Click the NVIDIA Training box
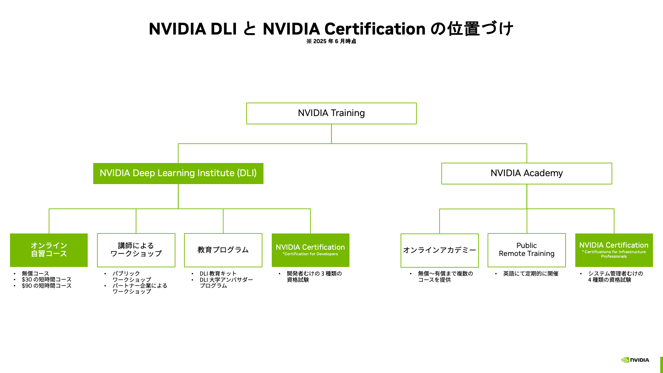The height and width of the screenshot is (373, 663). (x=331, y=113)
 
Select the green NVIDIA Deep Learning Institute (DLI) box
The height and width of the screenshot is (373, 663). (x=178, y=173)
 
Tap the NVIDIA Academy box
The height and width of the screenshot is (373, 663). (x=527, y=173)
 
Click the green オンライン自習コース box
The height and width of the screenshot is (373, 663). (x=49, y=250)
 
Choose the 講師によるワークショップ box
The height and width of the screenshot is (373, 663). (x=136, y=250)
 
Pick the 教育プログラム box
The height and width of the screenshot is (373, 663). (x=223, y=250)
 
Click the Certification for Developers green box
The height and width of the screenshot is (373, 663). (x=310, y=250)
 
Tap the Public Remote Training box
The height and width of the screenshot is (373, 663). (x=527, y=250)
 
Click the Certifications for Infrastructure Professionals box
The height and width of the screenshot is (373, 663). (x=614, y=250)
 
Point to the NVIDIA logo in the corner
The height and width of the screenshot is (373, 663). (x=635, y=360)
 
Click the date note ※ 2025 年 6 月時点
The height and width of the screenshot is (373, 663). (x=331, y=41)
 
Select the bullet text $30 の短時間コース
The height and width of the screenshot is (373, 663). (x=47, y=279)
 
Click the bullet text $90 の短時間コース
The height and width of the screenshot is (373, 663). (x=47, y=286)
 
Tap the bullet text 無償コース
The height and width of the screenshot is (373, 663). (x=36, y=274)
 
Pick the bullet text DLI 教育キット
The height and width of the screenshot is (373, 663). (x=218, y=274)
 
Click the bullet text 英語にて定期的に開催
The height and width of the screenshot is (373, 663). (x=531, y=274)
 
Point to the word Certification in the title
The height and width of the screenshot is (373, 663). (x=375, y=29)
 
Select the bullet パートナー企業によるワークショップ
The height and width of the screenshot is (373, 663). (x=140, y=288)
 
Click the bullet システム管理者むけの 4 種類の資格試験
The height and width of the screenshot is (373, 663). (x=615, y=277)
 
